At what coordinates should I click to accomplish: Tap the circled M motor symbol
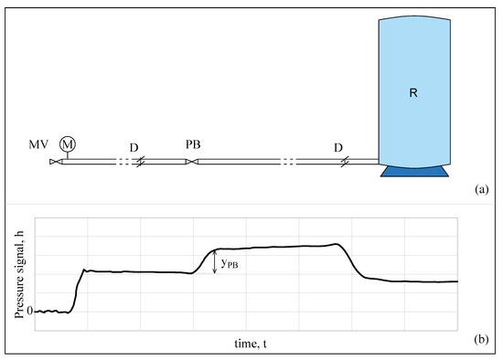click(67, 143)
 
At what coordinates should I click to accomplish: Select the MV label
click(37, 144)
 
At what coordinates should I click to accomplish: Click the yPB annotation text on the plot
click(230, 265)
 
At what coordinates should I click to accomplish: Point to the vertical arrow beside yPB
click(215, 262)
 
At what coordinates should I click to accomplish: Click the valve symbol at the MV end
click(54, 162)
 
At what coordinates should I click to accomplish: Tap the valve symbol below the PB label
click(189, 162)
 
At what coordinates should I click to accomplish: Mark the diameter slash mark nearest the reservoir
click(344, 162)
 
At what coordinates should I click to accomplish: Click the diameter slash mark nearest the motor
click(140, 162)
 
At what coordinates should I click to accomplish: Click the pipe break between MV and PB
click(122, 162)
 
